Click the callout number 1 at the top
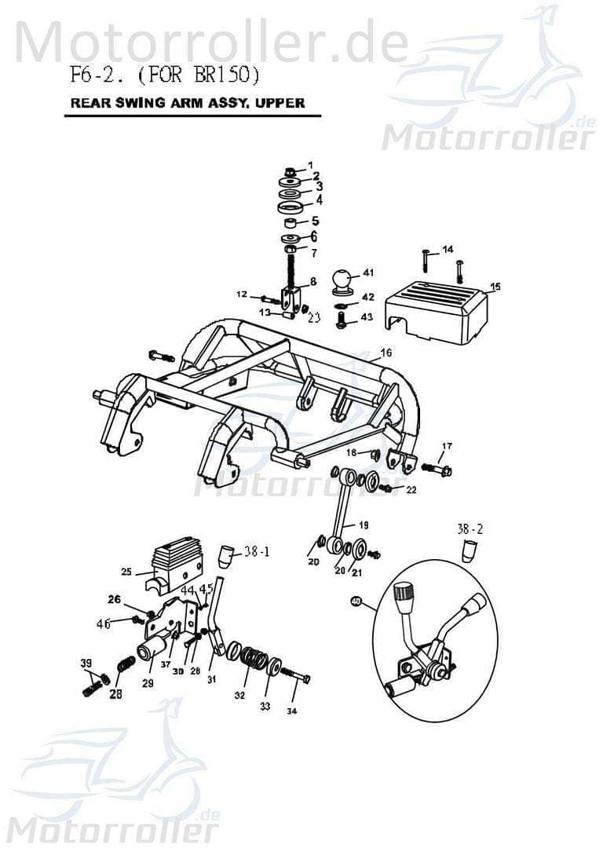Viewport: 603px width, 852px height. coord(309,164)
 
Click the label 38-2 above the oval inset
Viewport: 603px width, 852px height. coord(470,529)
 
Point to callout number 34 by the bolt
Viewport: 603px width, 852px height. coord(292,711)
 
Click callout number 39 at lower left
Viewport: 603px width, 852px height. coord(86,664)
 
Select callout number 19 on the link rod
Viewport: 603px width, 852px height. coord(363,524)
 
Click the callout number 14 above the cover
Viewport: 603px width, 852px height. coord(447,249)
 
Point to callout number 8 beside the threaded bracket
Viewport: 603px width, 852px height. coord(312,281)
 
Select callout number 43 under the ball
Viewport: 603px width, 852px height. coord(367,316)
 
